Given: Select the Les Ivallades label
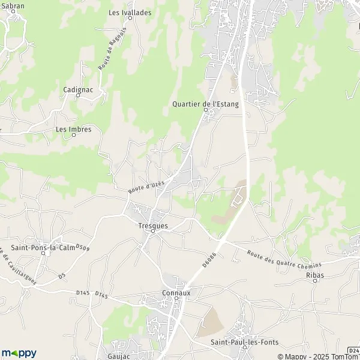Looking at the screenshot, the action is click(x=130, y=12).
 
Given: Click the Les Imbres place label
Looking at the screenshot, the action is click(x=70, y=129).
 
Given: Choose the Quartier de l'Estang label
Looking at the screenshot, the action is click(x=205, y=104).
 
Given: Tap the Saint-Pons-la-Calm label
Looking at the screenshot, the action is click(x=43, y=248).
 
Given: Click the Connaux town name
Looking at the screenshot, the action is click(x=176, y=293).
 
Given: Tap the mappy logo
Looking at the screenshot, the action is click(x=19, y=353).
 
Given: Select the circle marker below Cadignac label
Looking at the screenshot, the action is click(x=77, y=95).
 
